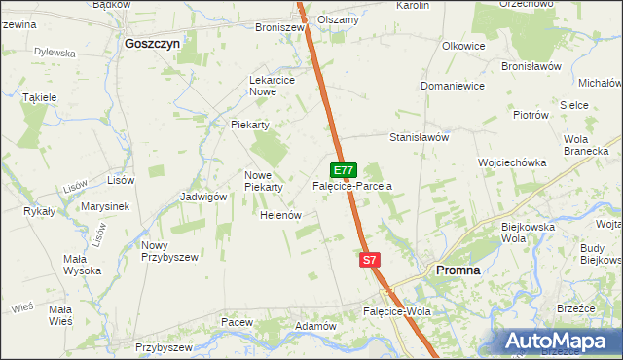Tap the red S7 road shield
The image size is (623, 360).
(x=369, y=260)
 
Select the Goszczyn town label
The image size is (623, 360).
(x=152, y=44)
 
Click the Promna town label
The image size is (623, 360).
(x=458, y=270)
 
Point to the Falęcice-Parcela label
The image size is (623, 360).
(x=351, y=185)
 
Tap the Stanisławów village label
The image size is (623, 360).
(x=419, y=137)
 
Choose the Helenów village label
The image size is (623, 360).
(x=279, y=214)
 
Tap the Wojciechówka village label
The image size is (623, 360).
(x=511, y=162)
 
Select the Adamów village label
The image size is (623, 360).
(x=315, y=325)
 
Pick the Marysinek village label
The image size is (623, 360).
(x=106, y=206)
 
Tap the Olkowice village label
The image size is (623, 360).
(x=463, y=46)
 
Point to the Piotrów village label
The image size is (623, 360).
(x=531, y=115)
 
